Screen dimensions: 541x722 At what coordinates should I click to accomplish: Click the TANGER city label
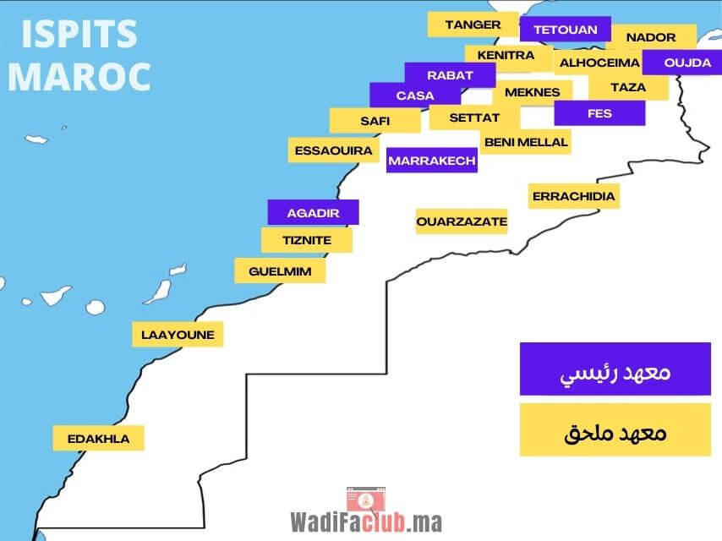473,25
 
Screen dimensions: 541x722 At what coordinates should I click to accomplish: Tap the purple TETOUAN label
565,30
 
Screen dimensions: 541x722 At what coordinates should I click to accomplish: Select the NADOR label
652,37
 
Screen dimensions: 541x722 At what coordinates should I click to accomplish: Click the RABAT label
450,75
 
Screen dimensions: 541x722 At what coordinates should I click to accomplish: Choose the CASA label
415,96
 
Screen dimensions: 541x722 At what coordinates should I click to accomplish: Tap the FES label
599,113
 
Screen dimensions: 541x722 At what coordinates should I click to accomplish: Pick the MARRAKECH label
432,160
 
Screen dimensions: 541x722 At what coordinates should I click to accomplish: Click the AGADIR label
313,212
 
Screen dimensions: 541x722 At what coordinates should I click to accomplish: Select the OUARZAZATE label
462,221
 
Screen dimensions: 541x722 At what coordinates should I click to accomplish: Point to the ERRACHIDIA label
573,196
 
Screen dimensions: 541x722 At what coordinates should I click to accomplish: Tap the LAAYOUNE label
178,334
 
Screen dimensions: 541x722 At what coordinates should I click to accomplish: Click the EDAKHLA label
99,438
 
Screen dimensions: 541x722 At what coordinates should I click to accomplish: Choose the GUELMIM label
280,270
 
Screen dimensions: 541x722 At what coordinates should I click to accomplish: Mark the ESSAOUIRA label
334,150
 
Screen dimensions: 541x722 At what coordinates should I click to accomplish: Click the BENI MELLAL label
526,142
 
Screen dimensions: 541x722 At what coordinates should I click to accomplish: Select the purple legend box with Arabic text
615,369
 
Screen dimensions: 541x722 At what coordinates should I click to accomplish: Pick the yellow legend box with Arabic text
615,429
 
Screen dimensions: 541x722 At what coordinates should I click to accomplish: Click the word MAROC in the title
79,74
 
